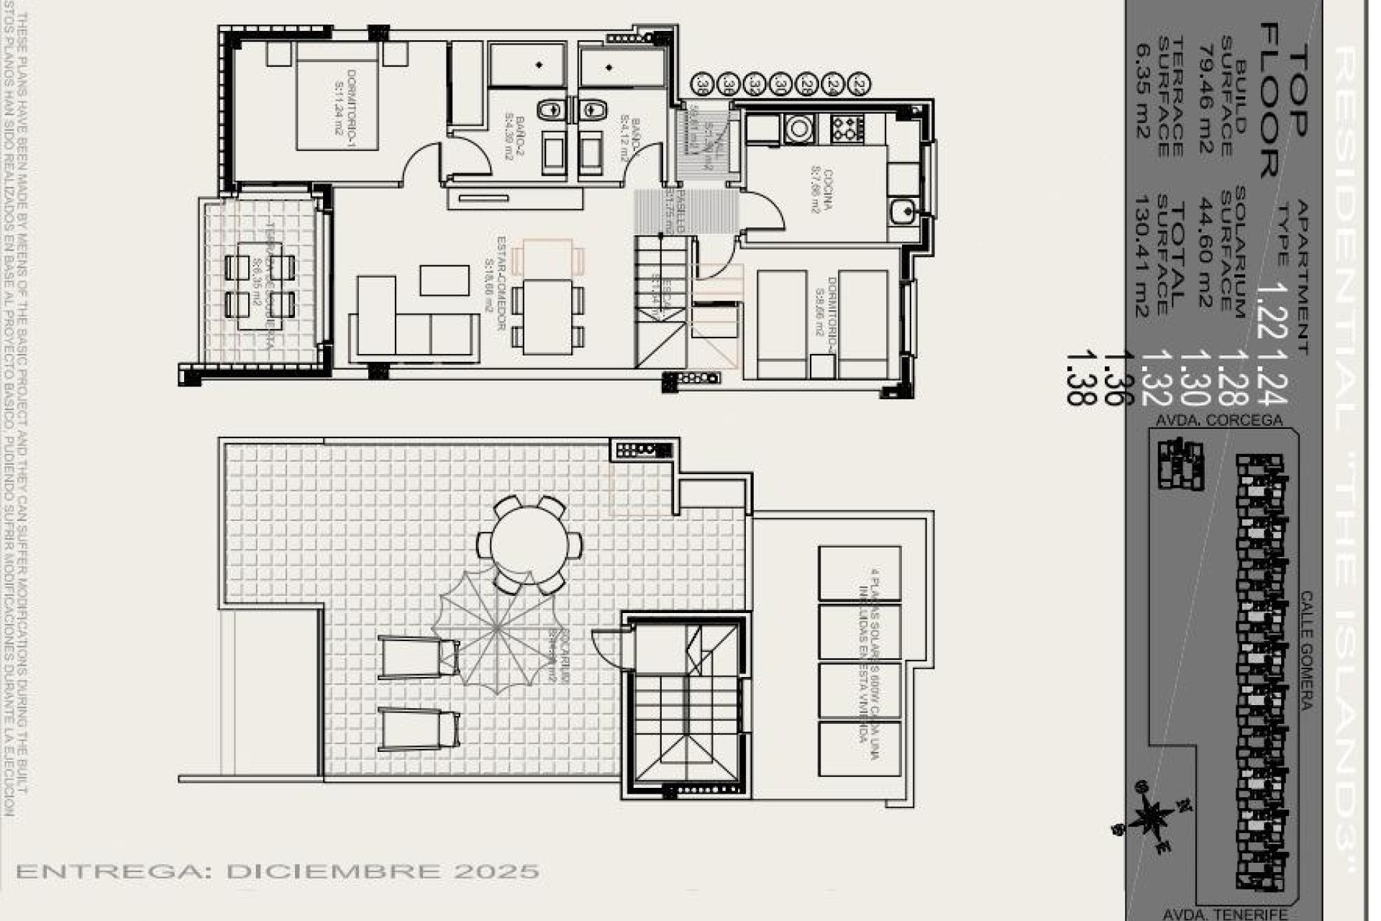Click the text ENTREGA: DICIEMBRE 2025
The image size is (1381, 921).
point(278,871)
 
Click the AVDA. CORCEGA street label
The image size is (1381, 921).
point(1218,419)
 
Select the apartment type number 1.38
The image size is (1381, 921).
point(1076,378)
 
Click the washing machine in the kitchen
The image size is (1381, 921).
point(798,129)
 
